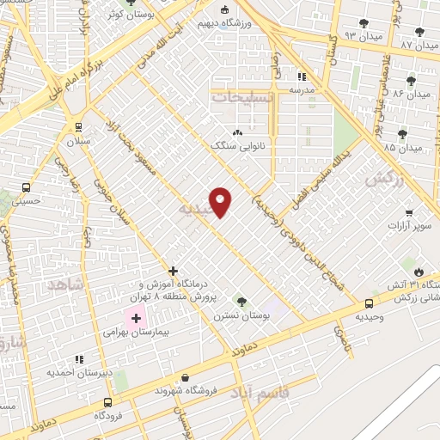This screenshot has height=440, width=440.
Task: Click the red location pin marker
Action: pos(221,201)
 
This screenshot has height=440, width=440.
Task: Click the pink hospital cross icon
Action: pos(136,317)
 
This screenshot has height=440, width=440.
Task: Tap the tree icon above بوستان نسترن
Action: pos(241,301)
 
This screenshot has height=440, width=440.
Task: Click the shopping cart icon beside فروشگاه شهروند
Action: pos(186,377)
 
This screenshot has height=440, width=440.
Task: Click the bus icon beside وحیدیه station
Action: pos(370,303)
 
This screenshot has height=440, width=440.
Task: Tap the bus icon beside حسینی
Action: pos(27,186)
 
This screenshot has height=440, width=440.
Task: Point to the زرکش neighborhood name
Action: pos(384,180)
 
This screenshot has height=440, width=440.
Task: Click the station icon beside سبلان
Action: pos(78,125)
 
